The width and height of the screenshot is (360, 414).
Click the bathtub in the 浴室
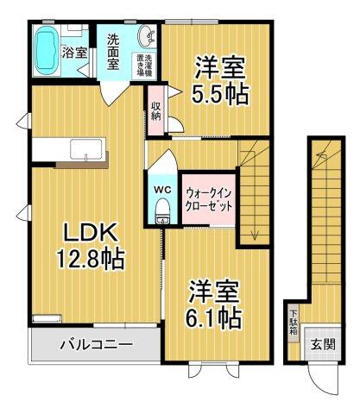tap(47, 51)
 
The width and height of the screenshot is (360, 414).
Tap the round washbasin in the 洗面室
tap(147, 36)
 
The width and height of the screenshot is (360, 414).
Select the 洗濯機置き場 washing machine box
tap(144, 66)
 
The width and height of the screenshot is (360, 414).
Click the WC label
tap(162, 190)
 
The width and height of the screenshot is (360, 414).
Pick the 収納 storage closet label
tap(156, 110)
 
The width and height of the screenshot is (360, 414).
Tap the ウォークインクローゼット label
tap(208, 200)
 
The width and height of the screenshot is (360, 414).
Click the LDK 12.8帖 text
tap(91, 246)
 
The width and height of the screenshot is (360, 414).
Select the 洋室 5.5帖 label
tap(220, 80)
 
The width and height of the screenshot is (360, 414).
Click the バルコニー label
tap(97, 344)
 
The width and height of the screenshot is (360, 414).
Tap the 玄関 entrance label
tap(323, 344)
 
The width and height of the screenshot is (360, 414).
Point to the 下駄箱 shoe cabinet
tap(294, 323)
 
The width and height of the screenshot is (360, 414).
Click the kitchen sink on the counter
tap(86, 149)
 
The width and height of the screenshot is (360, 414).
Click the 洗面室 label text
tap(113, 52)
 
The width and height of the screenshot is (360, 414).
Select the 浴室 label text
tap(74, 53)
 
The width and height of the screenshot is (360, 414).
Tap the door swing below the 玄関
tap(323, 378)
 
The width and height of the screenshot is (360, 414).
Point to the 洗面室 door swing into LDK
tap(114, 92)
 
